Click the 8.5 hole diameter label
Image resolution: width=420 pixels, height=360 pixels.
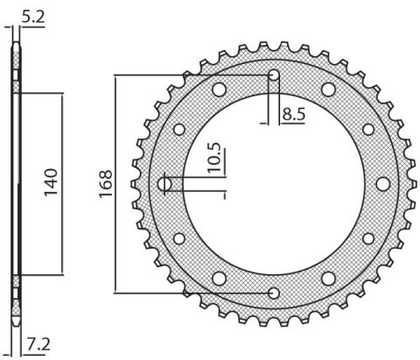[294, 113]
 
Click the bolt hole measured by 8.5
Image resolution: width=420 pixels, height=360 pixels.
[275, 74]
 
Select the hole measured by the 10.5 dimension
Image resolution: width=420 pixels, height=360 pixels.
[166, 184]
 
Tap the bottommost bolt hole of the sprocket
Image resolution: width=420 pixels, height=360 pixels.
[275, 293]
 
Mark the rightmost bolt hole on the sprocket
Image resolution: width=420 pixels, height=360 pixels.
[383, 183]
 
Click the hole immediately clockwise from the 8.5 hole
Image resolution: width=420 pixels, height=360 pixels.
[329, 88]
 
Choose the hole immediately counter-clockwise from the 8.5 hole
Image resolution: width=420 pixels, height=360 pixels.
[220, 88]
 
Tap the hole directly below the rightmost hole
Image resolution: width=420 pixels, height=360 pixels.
[368, 238]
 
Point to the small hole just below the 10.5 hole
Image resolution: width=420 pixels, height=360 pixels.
[180, 238]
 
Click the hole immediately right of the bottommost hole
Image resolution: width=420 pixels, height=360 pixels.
[329, 279]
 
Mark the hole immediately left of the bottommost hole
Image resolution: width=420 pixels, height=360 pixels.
[220, 279]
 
